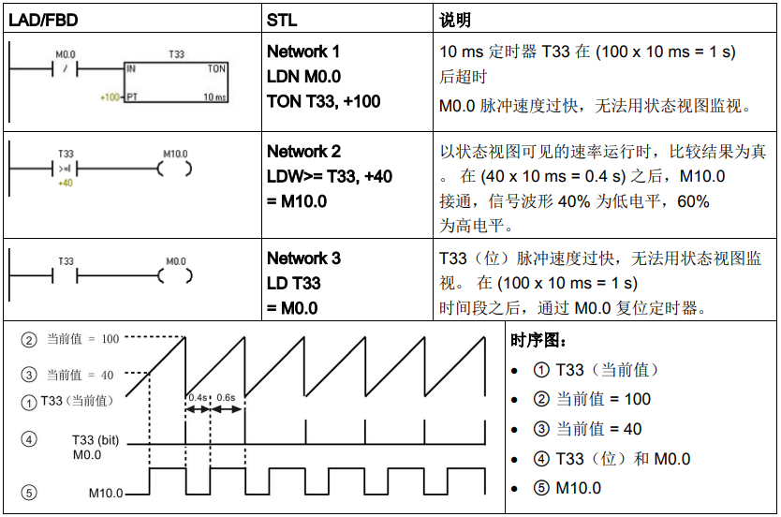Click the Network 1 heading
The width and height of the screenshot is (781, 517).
[303, 52]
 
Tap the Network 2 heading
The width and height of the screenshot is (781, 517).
[303, 152]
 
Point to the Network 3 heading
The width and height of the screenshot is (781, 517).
[303, 258]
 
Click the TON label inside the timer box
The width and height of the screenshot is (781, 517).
[216, 69]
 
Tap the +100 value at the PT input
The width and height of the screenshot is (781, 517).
[110, 96]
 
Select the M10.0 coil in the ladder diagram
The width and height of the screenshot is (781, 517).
[175, 170]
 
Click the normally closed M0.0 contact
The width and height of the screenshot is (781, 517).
[66, 69]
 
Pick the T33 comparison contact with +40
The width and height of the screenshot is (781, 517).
[66, 170]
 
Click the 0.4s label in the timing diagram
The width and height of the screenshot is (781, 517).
[199, 397]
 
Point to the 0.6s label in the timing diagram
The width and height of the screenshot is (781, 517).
[226, 397]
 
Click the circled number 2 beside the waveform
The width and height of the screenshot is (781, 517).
[30, 339]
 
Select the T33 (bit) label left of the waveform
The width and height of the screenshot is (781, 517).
[94, 439]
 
